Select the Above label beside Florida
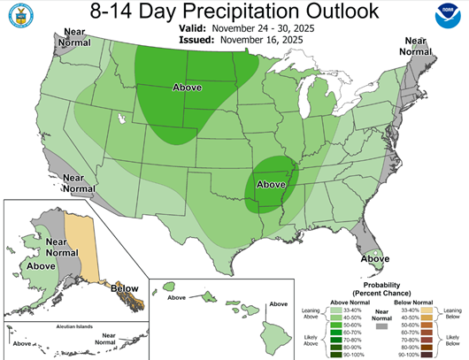point(375,258)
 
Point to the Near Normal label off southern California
point(79,183)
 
